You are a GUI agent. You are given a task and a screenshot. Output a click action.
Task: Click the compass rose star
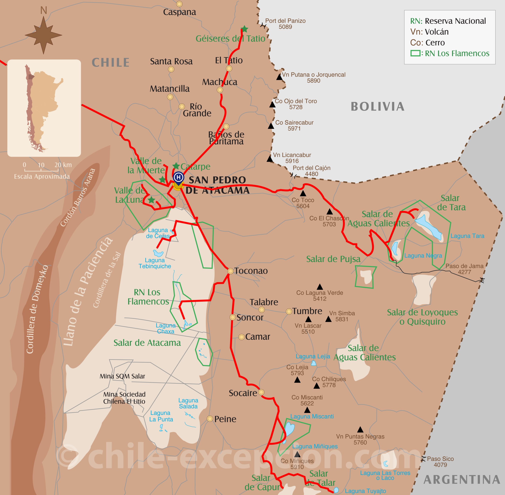point(43,35)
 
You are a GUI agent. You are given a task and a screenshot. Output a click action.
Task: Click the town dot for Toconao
point(230,271)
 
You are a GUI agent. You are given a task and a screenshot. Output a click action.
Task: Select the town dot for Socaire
point(261,392)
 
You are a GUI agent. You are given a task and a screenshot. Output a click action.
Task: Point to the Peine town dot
point(210,419)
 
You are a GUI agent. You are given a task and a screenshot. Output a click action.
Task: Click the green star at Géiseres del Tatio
point(244,29)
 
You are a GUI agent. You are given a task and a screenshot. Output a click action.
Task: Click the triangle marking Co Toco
point(303,193)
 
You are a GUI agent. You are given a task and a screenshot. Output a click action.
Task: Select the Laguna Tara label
point(467,236)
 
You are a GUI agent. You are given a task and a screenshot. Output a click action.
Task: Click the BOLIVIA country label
point(377,107)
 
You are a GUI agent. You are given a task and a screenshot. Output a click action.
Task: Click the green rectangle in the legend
point(415,53)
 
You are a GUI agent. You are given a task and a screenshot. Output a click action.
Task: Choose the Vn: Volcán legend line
point(429,32)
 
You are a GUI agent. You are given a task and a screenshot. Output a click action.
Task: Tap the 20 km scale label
point(63,165)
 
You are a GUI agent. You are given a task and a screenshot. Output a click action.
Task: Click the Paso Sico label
point(440,459)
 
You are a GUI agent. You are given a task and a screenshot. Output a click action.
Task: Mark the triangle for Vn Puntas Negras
point(360,429)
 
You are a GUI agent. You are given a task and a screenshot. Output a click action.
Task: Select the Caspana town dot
point(179,4)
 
